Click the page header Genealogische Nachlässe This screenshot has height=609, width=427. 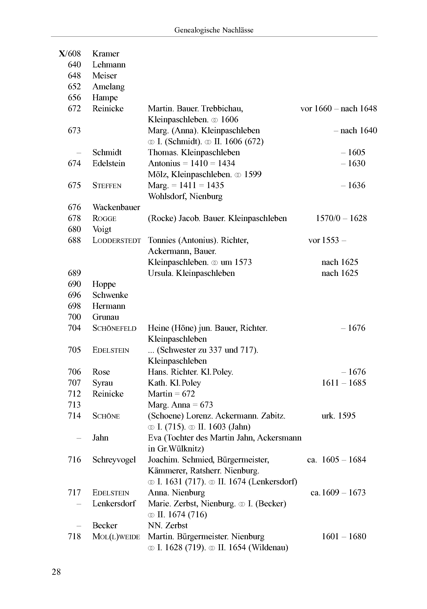(213, 30)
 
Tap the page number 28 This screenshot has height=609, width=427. (56, 572)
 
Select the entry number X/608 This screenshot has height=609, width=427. (70, 54)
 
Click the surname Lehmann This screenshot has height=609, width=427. (109, 65)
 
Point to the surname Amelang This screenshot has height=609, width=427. (108, 87)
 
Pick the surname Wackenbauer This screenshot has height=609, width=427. (116, 207)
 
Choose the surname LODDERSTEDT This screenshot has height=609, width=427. (117, 241)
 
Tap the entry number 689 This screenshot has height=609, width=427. (74, 273)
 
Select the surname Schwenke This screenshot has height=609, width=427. (110, 295)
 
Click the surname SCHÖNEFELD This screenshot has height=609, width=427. (114, 328)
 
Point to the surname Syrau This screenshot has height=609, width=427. (102, 383)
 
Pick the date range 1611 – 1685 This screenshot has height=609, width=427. (344, 383)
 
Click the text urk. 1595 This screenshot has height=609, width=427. (338, 416)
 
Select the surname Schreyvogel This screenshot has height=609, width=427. (114, 460)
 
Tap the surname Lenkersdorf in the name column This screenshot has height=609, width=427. (114, 504)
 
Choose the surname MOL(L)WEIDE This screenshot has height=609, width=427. (116, 537)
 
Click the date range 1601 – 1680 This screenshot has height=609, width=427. (344, 537)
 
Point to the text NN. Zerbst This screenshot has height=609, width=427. (168, 526)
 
